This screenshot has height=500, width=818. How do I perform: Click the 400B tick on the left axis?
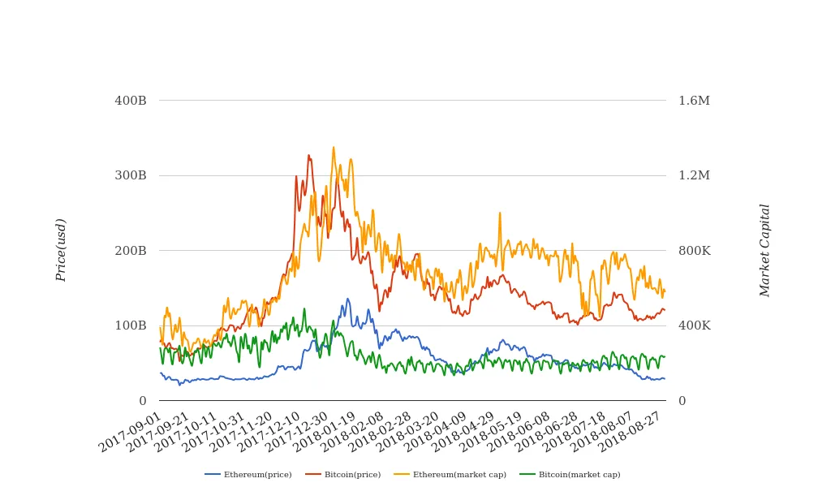(x=131, y=101)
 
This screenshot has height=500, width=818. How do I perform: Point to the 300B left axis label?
(x=131, y=175)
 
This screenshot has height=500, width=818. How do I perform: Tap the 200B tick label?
(x=131, y=251)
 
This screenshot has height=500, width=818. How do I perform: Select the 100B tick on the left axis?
(x=131, y=325)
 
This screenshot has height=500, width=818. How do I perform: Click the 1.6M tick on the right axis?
(x=694, y=101)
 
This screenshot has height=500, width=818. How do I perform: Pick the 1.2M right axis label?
(x=694, y=175)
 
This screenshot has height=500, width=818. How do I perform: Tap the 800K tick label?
(x=694, y=251)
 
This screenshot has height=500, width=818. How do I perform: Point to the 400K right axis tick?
(x=694, y=325)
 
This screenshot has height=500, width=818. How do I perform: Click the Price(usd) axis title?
(x=61, y=250)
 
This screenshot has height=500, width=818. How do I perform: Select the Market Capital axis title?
(x=764, y=250)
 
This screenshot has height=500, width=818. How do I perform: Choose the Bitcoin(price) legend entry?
(x=352, y=474)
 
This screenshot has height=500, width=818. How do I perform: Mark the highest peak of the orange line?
(x=334, y=148)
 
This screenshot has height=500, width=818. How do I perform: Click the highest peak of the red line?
(x=308, y=155)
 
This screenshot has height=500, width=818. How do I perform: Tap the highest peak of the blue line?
(x=347, y=299)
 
